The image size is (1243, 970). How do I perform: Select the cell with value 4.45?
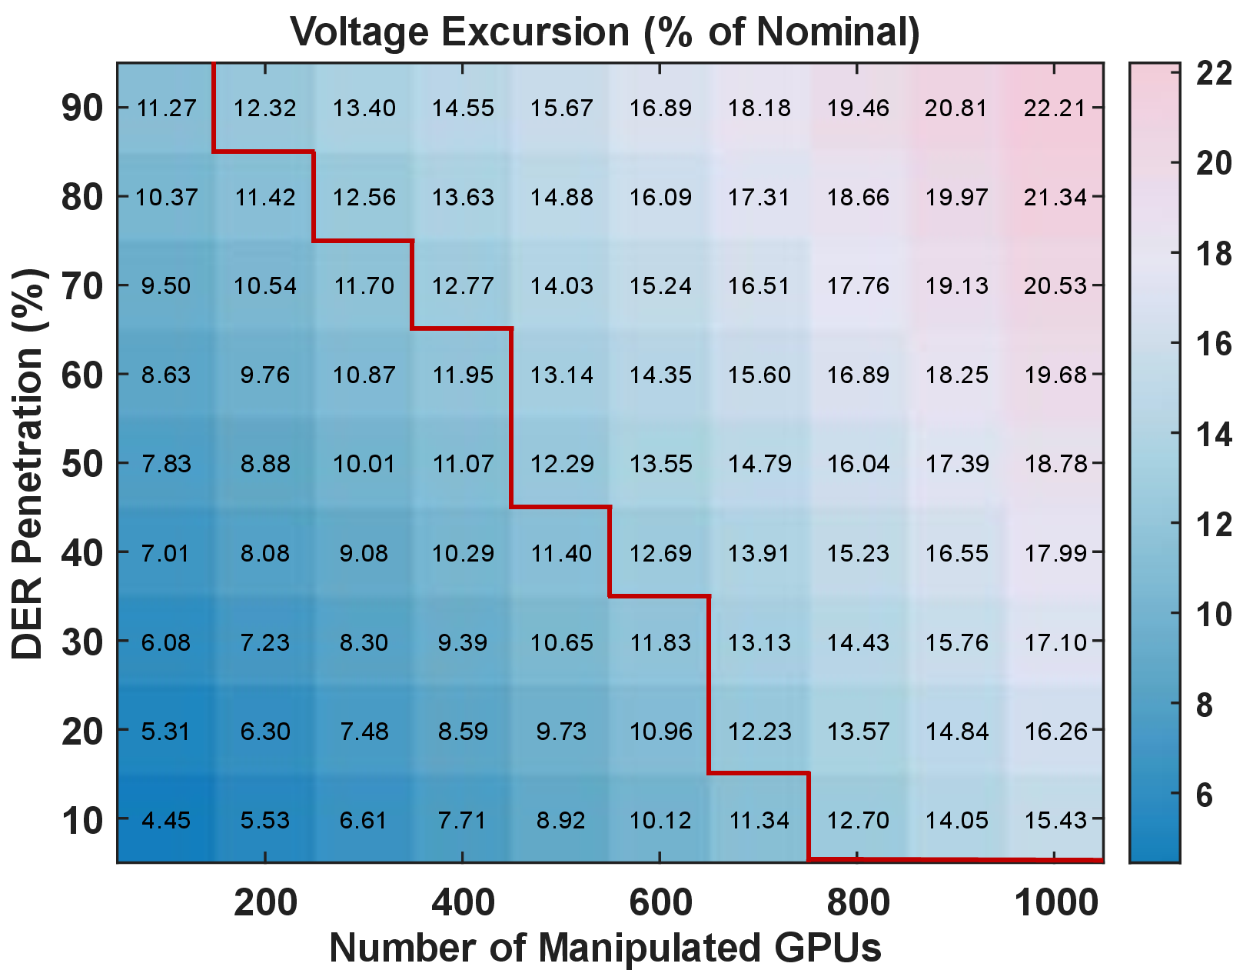pyautogui.click(x=166, y=819)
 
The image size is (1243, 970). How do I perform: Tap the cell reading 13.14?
pyautogui.click(x=561, y=375)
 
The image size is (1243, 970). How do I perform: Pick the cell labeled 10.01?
pyautogui.click(x=364, y=464)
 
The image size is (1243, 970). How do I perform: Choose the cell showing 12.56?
pyautogui.click(x=364, y=197)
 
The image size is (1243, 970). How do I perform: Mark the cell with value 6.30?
pyautogui.click(x=265, y=731)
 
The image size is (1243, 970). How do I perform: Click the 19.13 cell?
pyautogui.click(x=956, y=285)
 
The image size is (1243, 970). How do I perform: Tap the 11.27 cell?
pyautogui.click(x=166, y=108)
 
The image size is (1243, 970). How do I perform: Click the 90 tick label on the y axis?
pyautogui.click(x=82, y=108)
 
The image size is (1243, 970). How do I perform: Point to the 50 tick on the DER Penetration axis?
pyautogui.click(x=82, y=464)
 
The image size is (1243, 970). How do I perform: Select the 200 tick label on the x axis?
pyautogui.click(x=265, y=902)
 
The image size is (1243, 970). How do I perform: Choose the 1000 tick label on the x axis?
pyautogui.click(x=1056, y=902)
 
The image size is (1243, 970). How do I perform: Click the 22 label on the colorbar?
pyautogui.click(x=1214, y=73)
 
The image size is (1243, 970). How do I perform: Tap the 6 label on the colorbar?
pyautogui.click(x=1205, y=795)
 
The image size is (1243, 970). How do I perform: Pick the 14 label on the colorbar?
pyautogui.click(x=1214, y=434)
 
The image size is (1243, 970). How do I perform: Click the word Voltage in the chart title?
pyautogui.click(x=360, y=32)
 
